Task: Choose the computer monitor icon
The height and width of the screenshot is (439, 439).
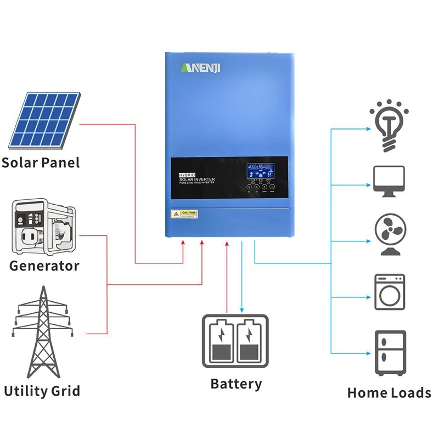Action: pyautogui.click(x=389, y=182)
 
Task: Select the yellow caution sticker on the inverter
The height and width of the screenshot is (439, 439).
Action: pyautogui.click(x=184, y=213)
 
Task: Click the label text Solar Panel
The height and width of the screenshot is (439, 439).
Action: pyautogui.click(x=41, y=162)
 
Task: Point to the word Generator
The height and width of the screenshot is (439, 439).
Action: pyautogui.click(x=44, y=266)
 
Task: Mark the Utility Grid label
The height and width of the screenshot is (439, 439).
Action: pyautogui.click(x=42, y=391)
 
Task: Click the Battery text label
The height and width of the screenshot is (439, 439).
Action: pyautogui.click(x=236, y=384)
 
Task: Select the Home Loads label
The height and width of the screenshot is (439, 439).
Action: pyautogui.click(x=389, y=393)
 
